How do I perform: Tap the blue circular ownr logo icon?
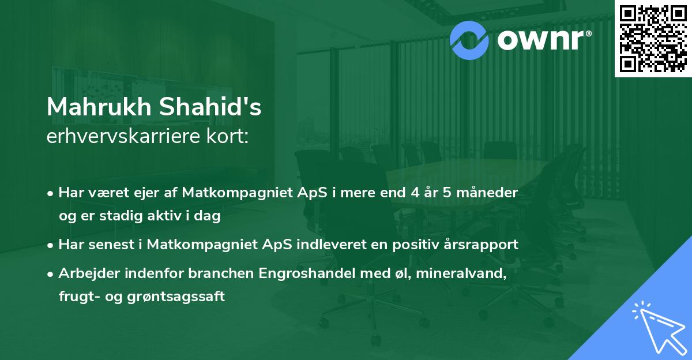(x=469, y=39)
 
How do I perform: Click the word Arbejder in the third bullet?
(x=85, y=273)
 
